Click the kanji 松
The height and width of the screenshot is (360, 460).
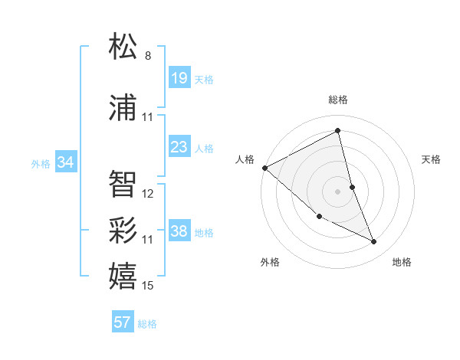123,47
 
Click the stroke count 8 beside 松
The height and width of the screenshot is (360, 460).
148,56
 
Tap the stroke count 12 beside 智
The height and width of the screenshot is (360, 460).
148,194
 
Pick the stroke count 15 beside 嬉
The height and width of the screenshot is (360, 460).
148,286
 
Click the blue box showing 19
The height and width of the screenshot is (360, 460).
179,77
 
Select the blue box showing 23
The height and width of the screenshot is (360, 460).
179,146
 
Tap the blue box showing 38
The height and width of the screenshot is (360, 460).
179,231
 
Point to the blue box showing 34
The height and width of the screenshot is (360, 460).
65,162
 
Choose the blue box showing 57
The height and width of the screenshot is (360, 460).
122,322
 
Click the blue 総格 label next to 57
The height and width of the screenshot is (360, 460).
147,324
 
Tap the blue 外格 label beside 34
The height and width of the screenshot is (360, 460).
41,163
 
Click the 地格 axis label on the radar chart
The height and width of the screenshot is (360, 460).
402,262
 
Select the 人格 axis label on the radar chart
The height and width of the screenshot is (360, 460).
245,159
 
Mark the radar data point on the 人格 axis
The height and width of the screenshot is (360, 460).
264,168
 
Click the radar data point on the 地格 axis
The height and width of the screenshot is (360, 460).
374,242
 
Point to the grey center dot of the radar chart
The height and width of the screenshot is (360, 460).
338,191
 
